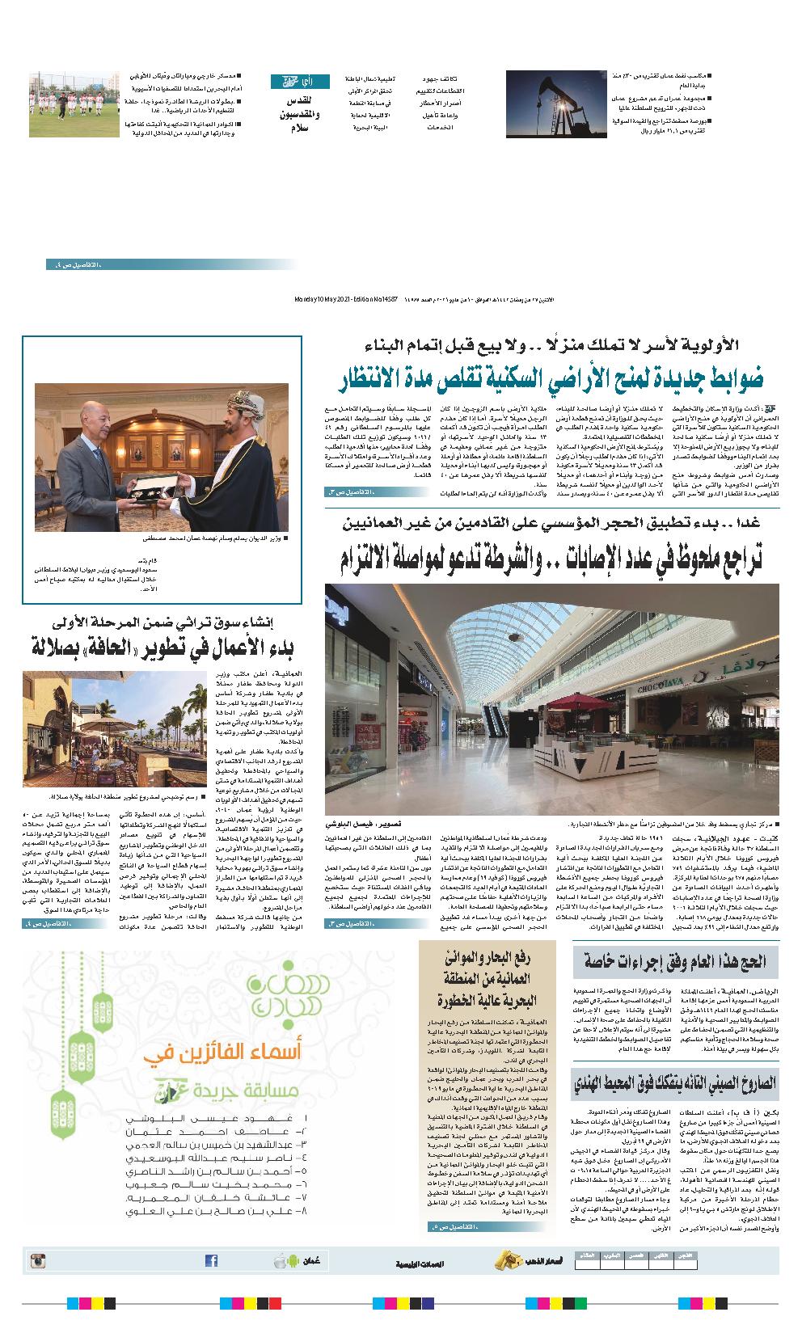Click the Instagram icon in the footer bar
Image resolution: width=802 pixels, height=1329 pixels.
click(x=36, y=1259)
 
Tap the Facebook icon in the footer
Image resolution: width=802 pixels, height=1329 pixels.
click(x=211, y=1260)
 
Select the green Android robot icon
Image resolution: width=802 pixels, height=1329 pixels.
click(x=280, y=1260)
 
